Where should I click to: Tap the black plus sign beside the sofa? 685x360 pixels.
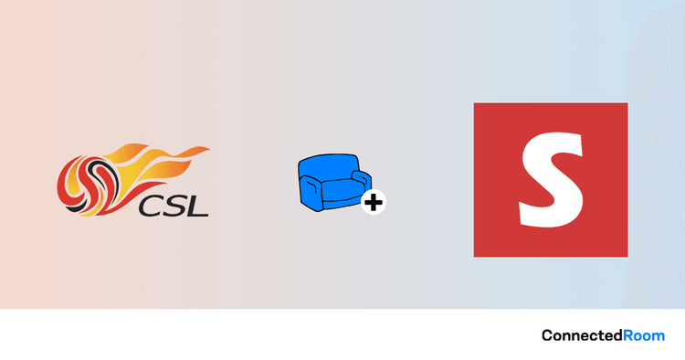[374, 202]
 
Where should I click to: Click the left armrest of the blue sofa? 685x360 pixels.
[311, 192]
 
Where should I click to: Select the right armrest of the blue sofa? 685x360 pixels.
[362, 179]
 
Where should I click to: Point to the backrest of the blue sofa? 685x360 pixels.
[329, 167]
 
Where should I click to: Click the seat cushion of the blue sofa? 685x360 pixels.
[342, 191]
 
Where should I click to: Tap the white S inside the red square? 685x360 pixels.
[552, 180]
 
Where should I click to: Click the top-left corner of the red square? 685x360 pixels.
[474, 103]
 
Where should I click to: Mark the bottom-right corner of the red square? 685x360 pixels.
[627, 257]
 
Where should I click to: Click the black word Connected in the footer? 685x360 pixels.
[583, 335]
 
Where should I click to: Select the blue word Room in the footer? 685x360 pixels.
[644, 335]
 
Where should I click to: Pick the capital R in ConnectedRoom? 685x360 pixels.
[627, 335]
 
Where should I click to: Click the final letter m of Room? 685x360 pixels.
[659, 337]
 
